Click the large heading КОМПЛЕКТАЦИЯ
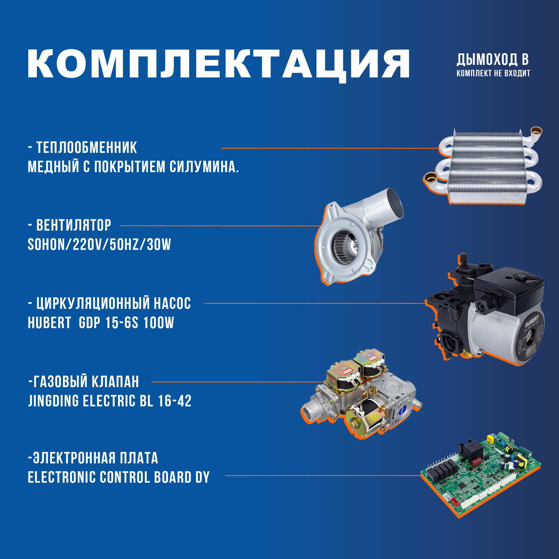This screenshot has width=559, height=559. point(219,64)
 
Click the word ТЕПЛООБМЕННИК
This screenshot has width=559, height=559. point(86,148)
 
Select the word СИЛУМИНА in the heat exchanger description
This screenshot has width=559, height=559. point(204,167)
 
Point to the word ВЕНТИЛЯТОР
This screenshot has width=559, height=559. point(74,225)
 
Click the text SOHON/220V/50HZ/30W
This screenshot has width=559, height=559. point(99,245)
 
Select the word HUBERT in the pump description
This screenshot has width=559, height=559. point(49,323)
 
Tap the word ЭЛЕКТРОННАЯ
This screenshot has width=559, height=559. point(74,458)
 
